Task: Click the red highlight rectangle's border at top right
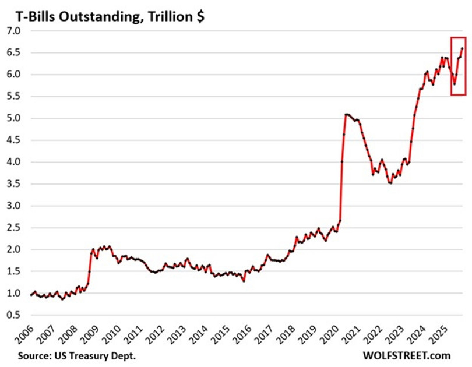466,37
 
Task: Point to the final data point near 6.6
462,48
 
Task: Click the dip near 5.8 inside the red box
455,84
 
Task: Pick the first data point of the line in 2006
31,295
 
